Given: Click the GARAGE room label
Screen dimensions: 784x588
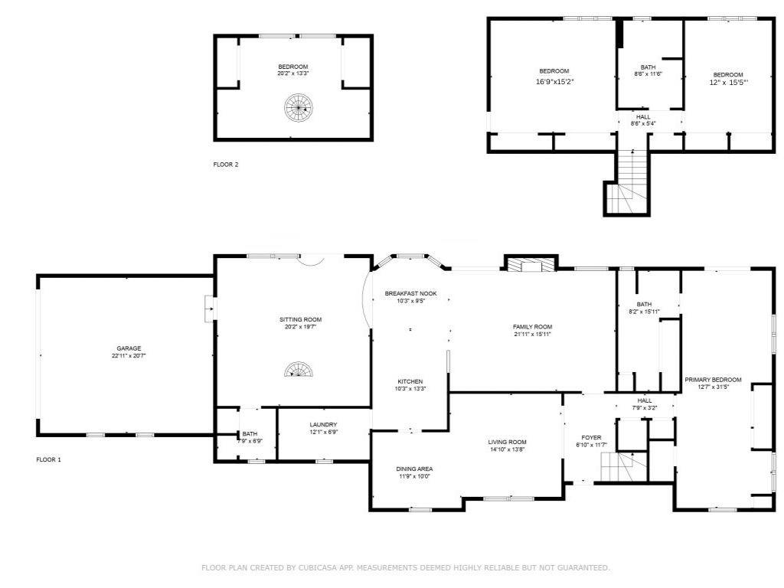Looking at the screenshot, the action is [129, 348].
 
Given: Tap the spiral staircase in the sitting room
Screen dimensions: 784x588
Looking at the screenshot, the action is [299, 370].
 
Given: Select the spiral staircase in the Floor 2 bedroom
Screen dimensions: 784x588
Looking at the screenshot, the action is [299, 107].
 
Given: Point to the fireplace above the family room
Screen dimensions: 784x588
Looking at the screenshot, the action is [530, 264].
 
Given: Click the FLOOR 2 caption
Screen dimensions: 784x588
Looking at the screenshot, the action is [226, 165].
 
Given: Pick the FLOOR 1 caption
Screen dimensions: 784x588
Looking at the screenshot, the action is [48, 459].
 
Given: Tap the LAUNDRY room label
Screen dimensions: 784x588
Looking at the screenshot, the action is [324, 424].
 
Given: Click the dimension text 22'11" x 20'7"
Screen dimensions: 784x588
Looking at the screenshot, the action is [129, 356].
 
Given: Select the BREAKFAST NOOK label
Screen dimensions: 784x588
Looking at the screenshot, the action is [410, 293].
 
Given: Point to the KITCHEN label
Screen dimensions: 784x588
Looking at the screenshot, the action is [410, 381].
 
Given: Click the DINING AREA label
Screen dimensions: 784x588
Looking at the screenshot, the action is [414, 469].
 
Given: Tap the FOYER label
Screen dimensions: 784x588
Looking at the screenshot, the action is [592, 437].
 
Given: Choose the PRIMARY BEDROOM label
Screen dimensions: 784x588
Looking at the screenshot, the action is [713, 380].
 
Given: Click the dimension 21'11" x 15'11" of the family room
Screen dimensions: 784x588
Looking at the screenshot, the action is [533, 335].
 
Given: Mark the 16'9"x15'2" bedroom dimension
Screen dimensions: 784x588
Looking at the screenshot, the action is [554, 81].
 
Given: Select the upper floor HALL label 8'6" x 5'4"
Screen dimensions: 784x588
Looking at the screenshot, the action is [643, 120].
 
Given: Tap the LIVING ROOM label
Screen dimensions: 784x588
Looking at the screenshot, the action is [507, 442].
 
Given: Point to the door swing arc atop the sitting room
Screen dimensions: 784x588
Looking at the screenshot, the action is [311, 261].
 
